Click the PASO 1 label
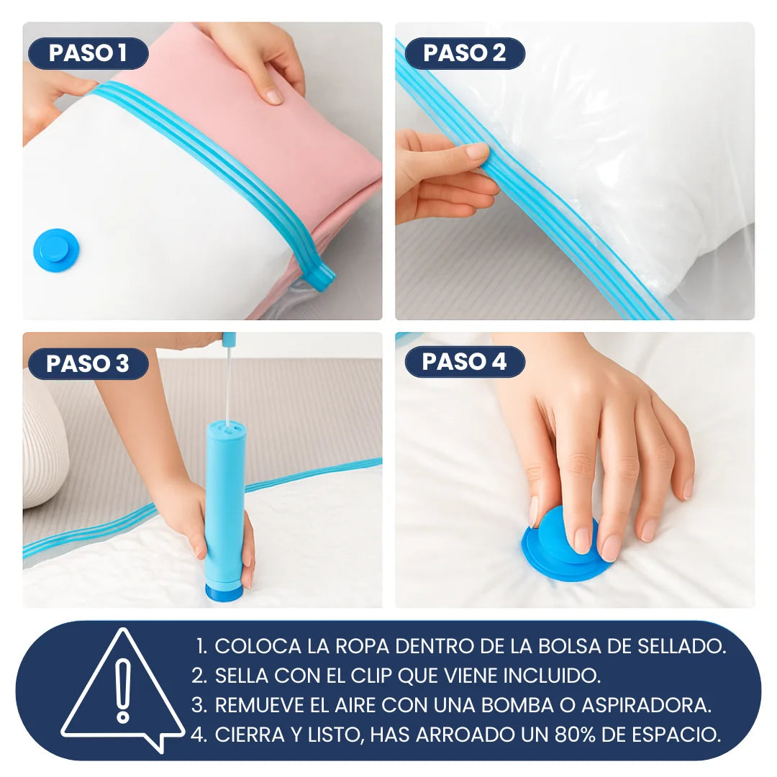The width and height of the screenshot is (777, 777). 88,53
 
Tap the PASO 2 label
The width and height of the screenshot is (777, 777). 464,53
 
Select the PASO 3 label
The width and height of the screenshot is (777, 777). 88,363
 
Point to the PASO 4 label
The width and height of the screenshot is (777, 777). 464,361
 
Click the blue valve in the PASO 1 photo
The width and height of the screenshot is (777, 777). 56,250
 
